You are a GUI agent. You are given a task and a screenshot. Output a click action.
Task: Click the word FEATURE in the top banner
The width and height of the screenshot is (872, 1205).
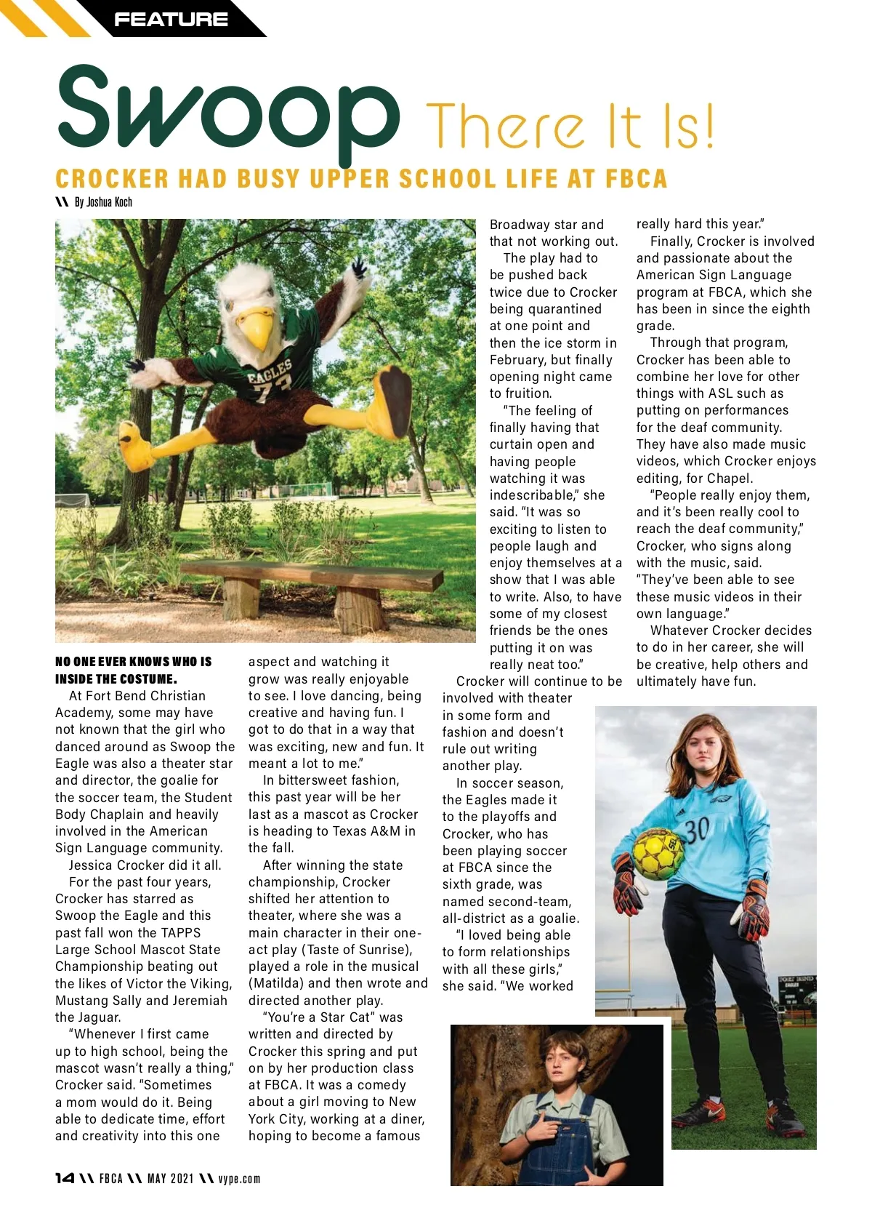171,20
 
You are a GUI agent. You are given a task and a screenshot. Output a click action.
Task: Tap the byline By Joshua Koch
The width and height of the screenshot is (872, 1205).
103,202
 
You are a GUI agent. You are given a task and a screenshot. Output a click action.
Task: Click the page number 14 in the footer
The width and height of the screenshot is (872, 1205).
65,1178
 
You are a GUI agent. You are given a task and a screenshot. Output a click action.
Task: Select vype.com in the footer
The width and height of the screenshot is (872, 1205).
239,1179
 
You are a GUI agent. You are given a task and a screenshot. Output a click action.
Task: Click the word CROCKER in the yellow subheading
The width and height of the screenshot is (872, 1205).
112,179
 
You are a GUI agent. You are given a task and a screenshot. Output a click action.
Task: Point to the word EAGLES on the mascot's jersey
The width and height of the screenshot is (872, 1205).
270,372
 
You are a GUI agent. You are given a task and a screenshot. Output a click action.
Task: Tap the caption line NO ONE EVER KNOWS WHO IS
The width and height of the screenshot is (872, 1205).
134,662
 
